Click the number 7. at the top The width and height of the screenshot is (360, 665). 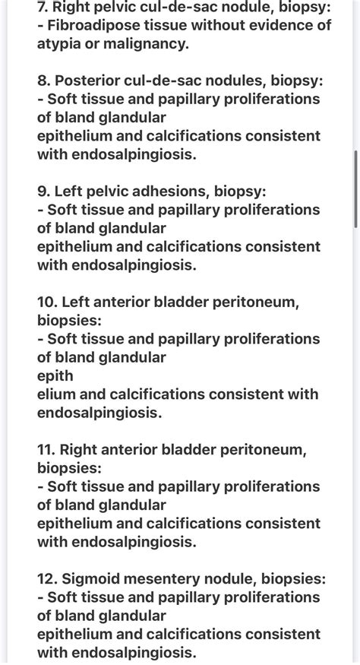pos(43,7)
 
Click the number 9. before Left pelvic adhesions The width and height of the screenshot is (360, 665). pos(44,192)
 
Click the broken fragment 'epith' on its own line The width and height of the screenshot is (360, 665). pos(55,376)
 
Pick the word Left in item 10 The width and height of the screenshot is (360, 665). pos(86,302)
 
